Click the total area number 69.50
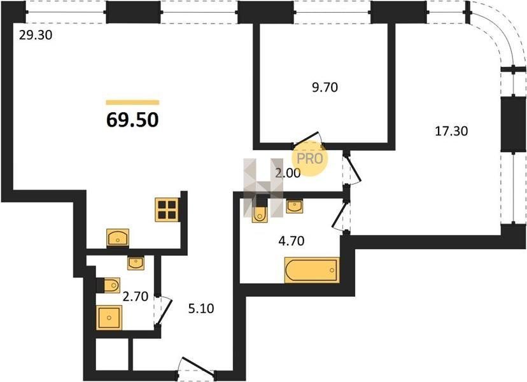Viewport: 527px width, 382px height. click(132, 120)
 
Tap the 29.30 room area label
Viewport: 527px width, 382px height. click(36, 35)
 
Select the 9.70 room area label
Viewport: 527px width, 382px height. click(325, 87)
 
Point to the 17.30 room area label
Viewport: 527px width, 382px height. click(451, 131)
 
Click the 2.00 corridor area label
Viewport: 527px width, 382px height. click(288, 173)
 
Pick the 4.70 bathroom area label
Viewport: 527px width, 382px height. click(292, 241)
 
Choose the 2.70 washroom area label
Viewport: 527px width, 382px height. click(136, 297)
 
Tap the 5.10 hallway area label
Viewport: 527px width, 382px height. click(201, 308)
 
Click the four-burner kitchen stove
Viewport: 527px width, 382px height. click(167, 210)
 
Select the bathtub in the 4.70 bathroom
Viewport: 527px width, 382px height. click(312, 270)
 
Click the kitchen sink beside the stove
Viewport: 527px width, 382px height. click(118, 237)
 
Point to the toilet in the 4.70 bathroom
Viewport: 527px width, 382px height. click(260, 211)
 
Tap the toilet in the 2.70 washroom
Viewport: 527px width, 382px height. click(108, 285)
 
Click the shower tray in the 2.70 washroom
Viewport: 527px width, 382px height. click(109, 318)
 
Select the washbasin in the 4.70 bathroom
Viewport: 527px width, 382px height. click(295, 206)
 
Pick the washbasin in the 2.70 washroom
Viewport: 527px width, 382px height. click(136, 262)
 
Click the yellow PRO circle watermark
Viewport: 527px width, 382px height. click(309, 159)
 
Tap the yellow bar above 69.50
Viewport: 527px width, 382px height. click(132, 103)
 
